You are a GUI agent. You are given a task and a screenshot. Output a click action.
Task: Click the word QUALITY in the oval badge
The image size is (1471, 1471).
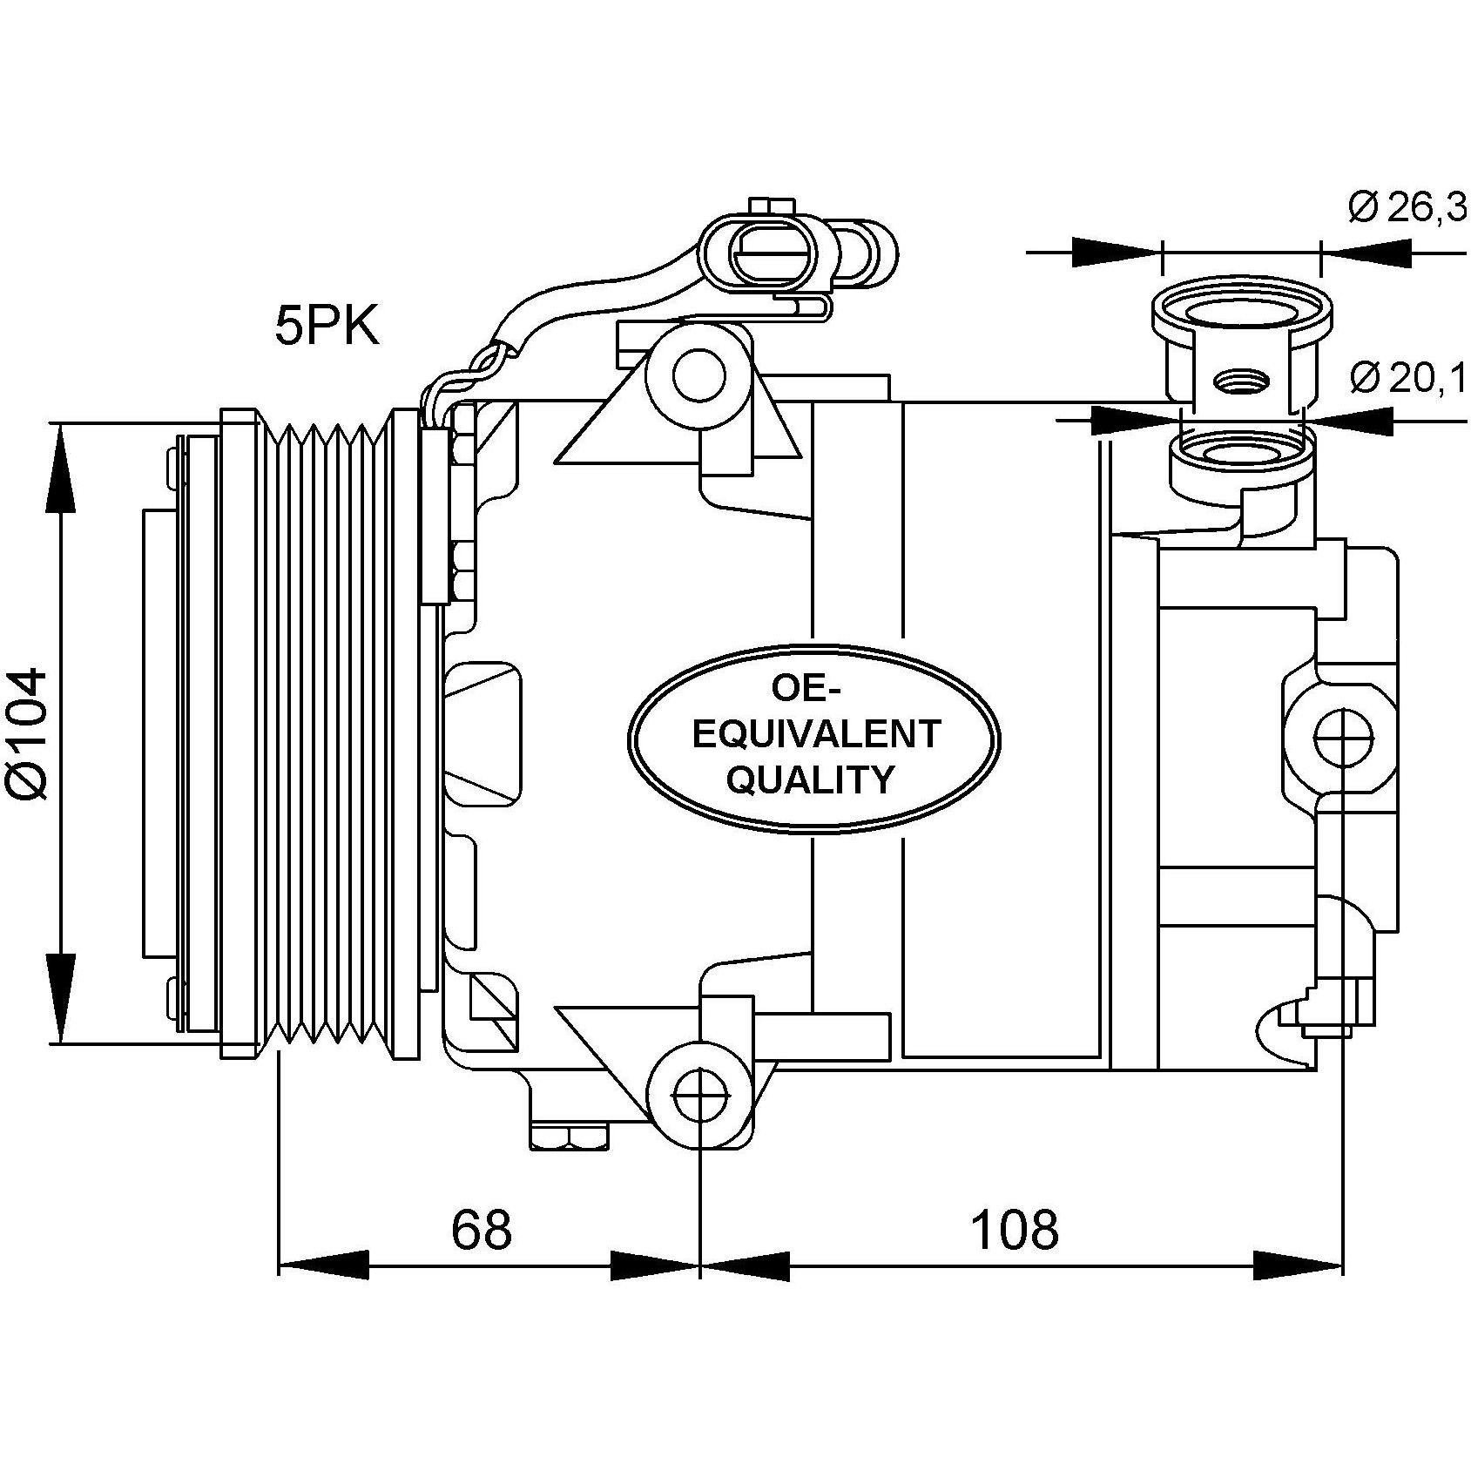coord(810,779)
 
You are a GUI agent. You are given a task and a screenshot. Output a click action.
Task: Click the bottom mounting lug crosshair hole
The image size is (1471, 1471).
coord(700,1094)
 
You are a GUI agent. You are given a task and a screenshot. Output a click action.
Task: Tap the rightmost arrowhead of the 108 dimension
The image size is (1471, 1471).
coord(1298,1265)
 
